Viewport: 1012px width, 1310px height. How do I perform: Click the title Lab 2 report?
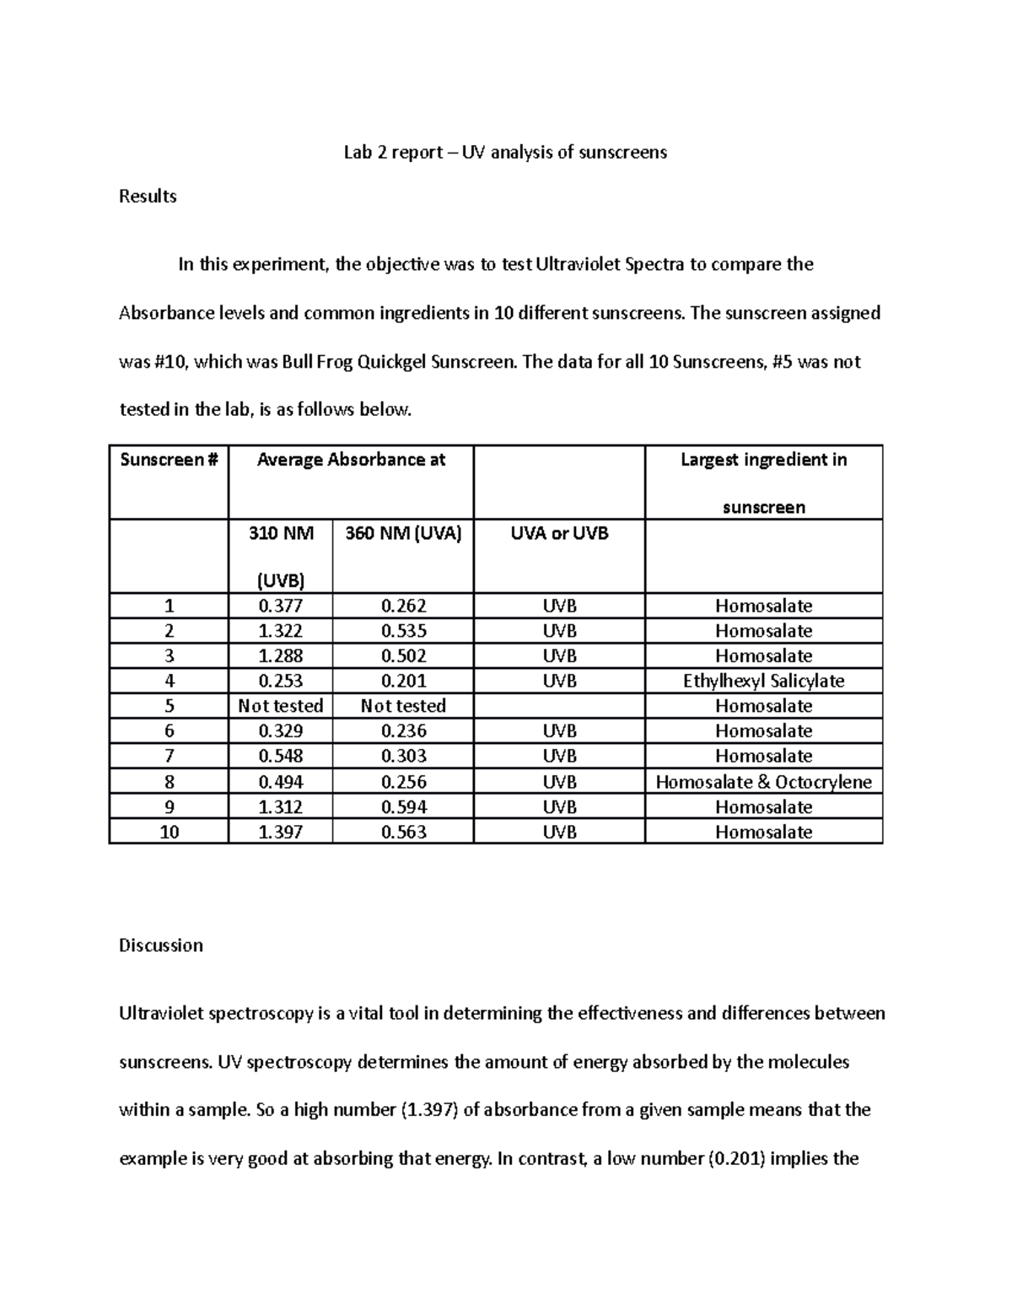coord(504,153)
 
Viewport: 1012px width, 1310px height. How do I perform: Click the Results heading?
coord(148,197)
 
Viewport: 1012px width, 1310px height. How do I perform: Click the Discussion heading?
coord(161,946)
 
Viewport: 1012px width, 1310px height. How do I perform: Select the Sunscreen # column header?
coord(169,460)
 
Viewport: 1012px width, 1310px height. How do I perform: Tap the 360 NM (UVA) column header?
coord(403,534)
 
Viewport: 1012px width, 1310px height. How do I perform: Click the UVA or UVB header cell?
coord(559,534)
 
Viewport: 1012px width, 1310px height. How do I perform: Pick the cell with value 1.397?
coord(280,833)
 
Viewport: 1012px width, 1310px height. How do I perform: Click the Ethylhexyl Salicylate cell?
coord(763,682)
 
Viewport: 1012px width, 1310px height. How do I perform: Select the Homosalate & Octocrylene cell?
coord(763,782)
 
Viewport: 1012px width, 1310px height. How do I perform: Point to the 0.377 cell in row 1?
coord(280,606)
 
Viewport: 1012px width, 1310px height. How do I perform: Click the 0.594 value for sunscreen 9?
coord(403,807)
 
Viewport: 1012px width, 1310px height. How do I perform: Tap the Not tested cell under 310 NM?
coord(280,706)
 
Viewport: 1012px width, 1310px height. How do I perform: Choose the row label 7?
coord(169,757)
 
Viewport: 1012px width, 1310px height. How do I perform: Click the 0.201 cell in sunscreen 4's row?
coord(403,682)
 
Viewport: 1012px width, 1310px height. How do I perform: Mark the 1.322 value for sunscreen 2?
coord(280,632)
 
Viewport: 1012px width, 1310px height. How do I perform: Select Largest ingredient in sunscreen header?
coord(763,482)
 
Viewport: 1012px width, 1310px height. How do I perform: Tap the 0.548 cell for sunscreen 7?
coord(280,757)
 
